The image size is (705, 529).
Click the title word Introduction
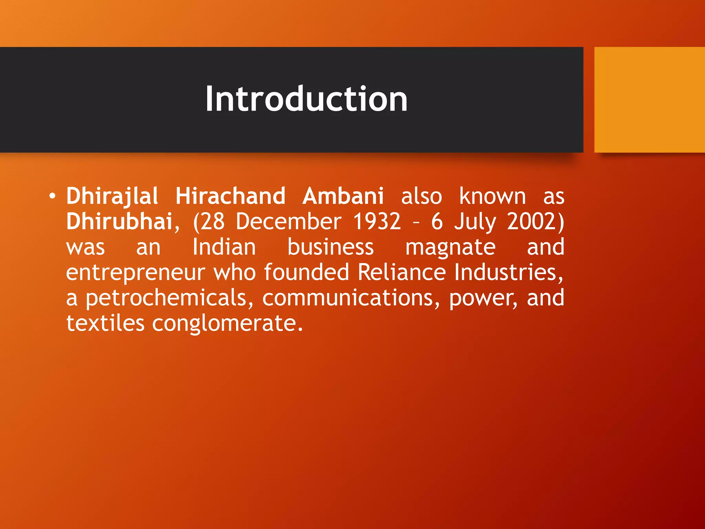306,99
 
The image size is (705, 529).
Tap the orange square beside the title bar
649,100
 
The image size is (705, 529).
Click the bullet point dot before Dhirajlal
52,196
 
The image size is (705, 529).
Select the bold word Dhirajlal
112,196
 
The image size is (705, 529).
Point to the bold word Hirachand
231,196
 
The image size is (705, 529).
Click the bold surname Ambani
343,196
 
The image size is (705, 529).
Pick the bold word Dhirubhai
119,221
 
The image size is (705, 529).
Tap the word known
493,196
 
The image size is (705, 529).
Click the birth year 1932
377,221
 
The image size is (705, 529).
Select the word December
289,221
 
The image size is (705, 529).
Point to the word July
475,222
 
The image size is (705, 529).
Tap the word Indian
224,247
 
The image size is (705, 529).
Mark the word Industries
508,272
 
